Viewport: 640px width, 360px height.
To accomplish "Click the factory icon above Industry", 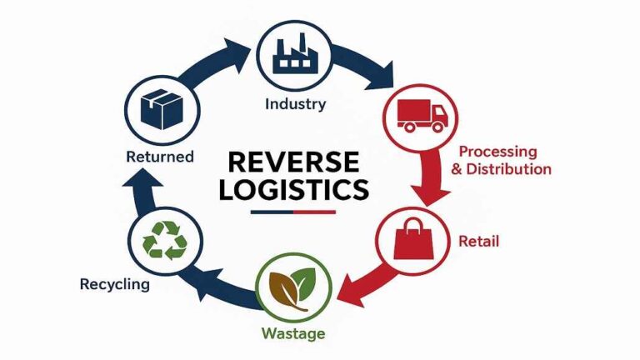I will tap(294, 51).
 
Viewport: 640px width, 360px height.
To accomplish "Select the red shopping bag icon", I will tap(411, 238).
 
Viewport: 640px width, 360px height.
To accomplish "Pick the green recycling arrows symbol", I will tap(167, 240).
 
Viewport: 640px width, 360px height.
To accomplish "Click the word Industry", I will tap(295, 105).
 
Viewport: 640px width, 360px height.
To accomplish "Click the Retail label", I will tap(478, 242).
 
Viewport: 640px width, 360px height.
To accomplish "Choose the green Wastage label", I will tap(293, 336).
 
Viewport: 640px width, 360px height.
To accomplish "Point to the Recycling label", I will tap(115, 284).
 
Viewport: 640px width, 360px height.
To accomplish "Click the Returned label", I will tap(159, 156).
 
